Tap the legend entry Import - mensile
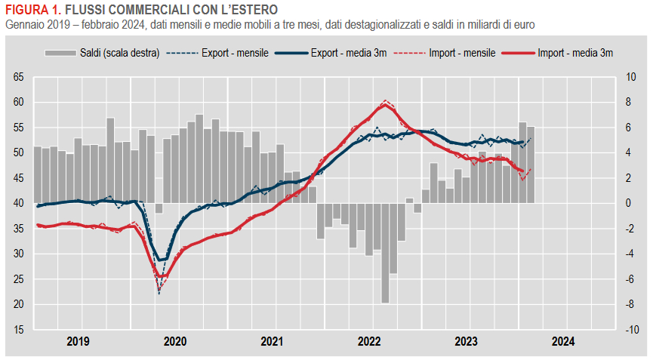(461, 54)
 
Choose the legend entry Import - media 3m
(575, 54)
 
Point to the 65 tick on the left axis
(18, 77)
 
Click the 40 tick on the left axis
(18, 203)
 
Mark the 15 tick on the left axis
(18, 330)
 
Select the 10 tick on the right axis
(631, 77)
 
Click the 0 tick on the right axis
(629, 203)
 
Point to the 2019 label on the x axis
(78, 341)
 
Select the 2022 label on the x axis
(369, 341)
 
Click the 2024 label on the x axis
(563, 341)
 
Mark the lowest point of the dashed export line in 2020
(159, 293)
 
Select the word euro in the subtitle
(524, 25)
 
